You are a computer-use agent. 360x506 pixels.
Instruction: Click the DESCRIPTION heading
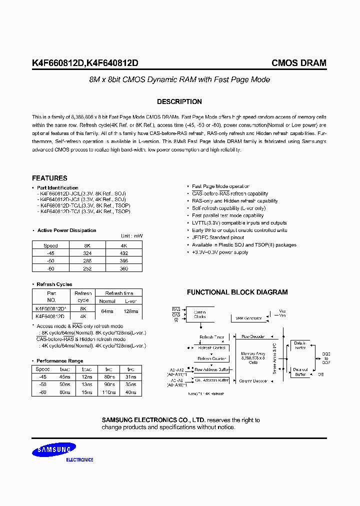pos(179,101)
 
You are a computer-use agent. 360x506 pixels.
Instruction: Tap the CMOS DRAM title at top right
pos(298,63)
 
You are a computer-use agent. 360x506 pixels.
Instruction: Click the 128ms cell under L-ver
pos(130,311)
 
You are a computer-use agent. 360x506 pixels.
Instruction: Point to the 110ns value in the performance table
pos(108,393)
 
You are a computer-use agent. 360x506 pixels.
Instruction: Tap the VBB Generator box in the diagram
pos(248,317)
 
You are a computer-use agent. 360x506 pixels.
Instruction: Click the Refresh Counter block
pos(212,358)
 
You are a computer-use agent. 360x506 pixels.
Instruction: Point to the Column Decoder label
pos(253,380)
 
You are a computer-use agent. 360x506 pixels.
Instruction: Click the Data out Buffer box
pos(300,371)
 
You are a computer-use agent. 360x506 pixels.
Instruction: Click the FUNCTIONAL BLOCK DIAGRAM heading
pos(237,292)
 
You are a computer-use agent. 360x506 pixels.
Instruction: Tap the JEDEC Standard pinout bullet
pos(218,237)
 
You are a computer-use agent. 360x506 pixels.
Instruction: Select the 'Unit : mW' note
pos(131,236)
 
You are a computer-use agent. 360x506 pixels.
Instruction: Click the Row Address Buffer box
pos(211,370)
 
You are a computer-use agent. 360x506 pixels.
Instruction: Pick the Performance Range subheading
pos(59,360)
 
